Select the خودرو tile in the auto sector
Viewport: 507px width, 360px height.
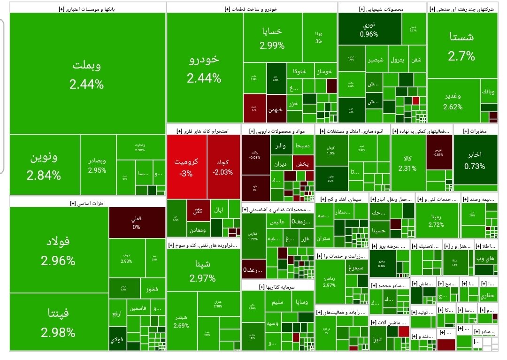(204, 68)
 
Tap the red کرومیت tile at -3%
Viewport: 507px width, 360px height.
(186, 166)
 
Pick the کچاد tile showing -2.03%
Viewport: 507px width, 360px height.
(223, 166)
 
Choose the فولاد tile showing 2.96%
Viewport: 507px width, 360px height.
(58, 251)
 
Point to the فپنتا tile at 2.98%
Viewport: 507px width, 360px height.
(58, 322)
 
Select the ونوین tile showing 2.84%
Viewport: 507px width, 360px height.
(44, 166)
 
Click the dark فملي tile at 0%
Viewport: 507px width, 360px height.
(136, 222)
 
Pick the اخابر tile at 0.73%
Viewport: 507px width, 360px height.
(475, 160)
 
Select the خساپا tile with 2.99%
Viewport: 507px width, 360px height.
(272, 38)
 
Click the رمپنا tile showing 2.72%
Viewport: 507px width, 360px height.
(436, 221)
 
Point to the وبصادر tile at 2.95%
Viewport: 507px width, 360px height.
(97, 165)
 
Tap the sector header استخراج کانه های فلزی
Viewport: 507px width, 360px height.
(203, 130)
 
